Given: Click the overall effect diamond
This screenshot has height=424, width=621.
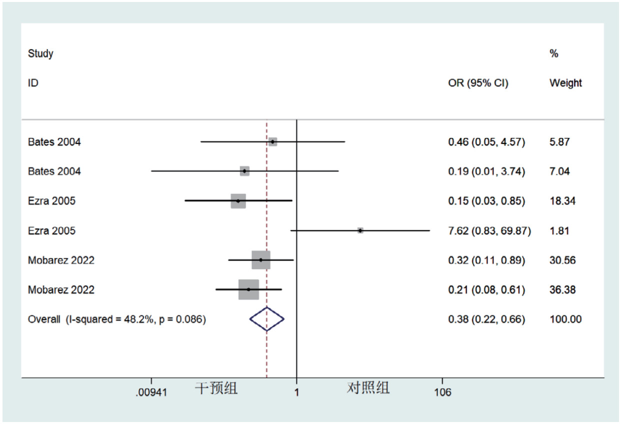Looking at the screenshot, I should pyautogui.click(x=267, y=319).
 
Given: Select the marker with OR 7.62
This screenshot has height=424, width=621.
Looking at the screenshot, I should pyautogui.click(x=360, y=230).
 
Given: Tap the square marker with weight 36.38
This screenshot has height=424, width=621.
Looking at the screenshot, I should pyautogui.click(x=248, y=289).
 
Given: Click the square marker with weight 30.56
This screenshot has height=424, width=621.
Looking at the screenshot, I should pyautogui.click(x=260, y=260).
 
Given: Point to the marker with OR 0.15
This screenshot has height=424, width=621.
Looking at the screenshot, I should pyautogui.click(x=238, y=201).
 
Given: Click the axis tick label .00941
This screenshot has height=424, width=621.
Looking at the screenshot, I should pyautogui.click(x=151, y=392).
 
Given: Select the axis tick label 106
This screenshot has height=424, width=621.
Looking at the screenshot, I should pyautogui.click(x=442, y=392).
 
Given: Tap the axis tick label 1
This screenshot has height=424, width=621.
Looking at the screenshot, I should pyautogui.click(x=296, y=392).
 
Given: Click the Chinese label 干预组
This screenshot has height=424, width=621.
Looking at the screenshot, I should pyautogui.click(x=216, y=388).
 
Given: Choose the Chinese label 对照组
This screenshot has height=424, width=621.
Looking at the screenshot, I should pyautogui.click(x=368, y=388).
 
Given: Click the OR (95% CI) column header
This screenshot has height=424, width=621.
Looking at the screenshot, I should pyautogui.click(x=478, y=83).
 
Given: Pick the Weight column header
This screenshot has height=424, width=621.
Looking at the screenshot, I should pyautogui.click(x=565, y=83).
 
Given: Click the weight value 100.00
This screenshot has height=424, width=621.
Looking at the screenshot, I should pyautogui.click(x=565, y=319).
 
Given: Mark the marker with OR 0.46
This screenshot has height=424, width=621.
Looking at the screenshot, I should pyautogui.click(x=272, y=142).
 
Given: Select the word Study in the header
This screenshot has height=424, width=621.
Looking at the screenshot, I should pyautogui.click(x=40, y=53).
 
